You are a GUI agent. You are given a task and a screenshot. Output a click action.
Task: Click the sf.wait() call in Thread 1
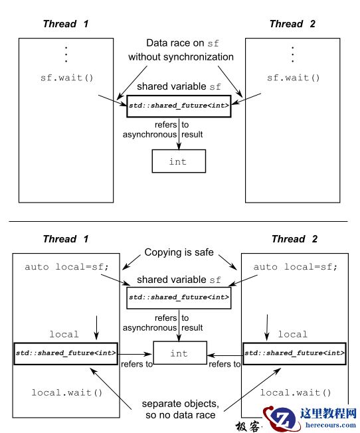67,78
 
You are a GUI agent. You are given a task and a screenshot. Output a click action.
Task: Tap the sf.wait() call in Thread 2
293,78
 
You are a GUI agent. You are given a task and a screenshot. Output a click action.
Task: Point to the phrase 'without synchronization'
181,57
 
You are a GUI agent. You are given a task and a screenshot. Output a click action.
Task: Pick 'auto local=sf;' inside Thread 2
296,267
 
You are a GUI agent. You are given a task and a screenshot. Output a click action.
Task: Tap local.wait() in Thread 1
67,392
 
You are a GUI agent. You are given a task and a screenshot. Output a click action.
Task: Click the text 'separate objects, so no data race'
180,410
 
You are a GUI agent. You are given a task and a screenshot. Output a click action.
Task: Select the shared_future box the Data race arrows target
179,106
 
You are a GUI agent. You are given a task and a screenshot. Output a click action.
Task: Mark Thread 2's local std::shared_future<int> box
294,353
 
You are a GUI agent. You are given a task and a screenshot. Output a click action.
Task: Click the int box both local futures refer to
179,353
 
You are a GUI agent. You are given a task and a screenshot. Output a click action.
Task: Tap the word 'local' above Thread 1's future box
64,335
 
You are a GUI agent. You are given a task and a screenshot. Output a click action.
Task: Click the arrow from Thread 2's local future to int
224,353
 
